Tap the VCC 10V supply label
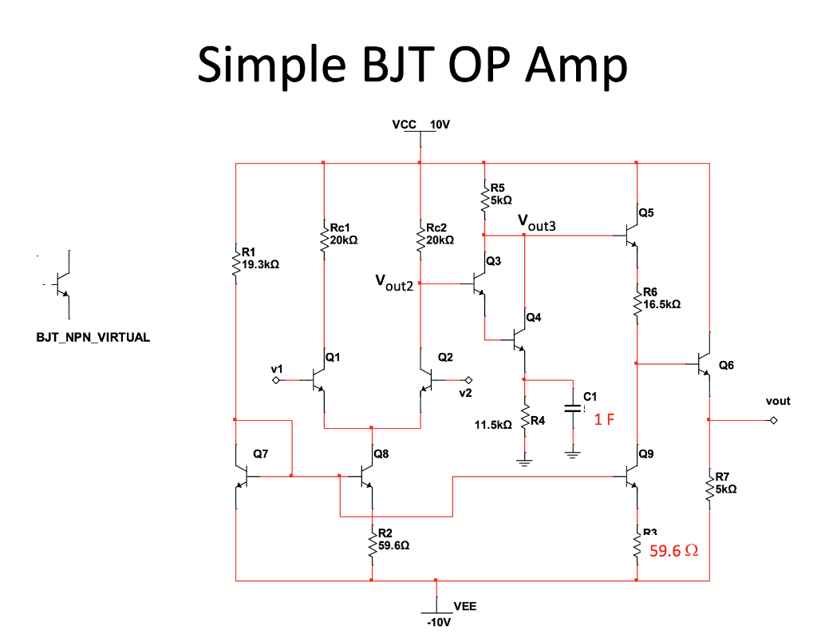[421, 125]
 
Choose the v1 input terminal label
[276, 368]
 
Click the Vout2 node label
[394, 283]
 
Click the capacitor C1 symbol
[573, 408]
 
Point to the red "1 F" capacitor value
[604, 420]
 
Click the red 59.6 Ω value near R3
[674, 551]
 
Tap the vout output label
[777, 401]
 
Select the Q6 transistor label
[726, 365]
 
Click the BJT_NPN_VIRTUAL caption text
[93, 337]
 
